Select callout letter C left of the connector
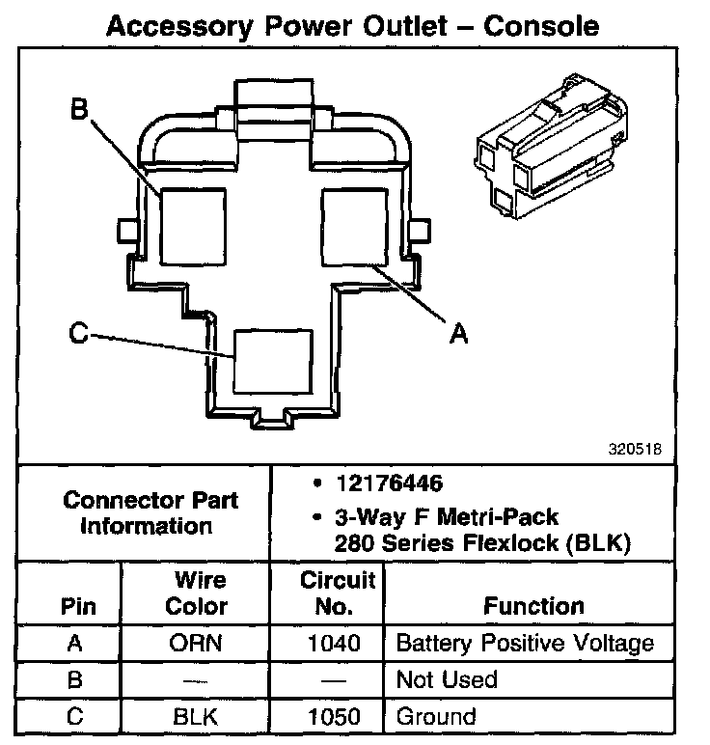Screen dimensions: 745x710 (79, 334)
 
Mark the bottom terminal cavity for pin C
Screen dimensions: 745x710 (275, 360)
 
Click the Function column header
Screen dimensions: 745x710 (533, 606)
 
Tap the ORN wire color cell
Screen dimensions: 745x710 (197, 643)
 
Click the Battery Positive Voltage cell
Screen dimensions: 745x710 (525, 643)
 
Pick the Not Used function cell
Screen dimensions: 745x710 (447, 679)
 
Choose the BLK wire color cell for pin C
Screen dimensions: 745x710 (197, 717)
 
